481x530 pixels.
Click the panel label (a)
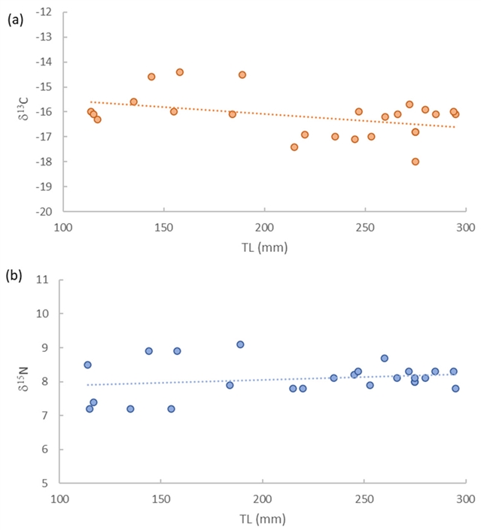[x=14, y=21]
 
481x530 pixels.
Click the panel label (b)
[x=14, y=276]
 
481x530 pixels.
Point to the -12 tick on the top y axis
[x=47, y=12]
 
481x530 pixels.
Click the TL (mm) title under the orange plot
[x=263, y=246]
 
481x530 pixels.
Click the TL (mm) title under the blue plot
[x=263, y=518]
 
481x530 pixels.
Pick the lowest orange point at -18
[x=416, y=162]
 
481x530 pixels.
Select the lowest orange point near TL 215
[x=294, y=147]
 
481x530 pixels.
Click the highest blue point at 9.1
[x=240, y=344]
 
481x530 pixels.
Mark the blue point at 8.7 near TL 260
[x=385, y=359]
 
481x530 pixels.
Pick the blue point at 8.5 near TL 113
[x=87, y=365]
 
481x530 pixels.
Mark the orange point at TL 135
[x=134, y=101]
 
